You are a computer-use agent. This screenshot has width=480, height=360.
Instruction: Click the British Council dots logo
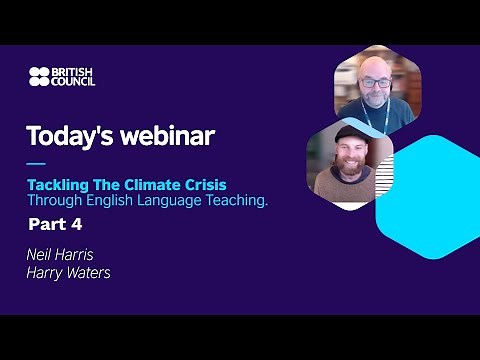pos(38,76)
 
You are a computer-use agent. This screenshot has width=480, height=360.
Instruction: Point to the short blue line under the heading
pos(35,163)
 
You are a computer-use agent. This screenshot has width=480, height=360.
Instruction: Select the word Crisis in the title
pos(206,186)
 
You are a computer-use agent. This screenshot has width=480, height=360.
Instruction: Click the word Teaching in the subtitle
pos(236,201)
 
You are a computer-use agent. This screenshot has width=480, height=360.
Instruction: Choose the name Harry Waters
pos(68,271)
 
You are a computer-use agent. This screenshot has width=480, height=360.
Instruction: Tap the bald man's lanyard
pos(374,122)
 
